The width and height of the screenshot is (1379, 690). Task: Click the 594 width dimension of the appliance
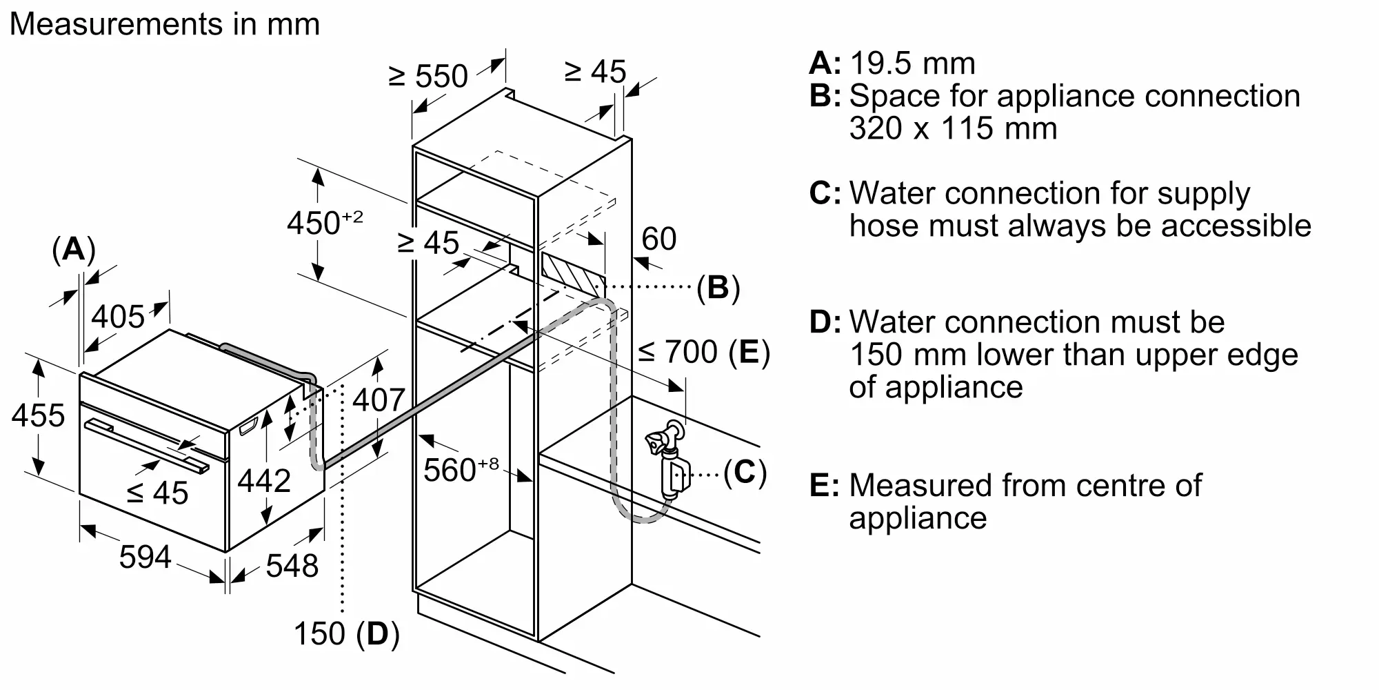point(145,557)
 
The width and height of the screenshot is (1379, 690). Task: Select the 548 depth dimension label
point(292,566)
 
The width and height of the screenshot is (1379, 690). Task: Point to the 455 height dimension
point(39,415)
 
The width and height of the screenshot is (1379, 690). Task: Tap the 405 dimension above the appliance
point(118,317)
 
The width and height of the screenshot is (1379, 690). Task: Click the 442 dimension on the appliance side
point(264,480)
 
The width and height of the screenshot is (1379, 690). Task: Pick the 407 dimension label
point(379,400)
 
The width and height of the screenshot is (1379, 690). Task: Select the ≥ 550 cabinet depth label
point(428,76)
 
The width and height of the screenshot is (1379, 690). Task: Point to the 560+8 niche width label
point(460,470)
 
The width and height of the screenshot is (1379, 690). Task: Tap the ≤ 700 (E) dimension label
point(703,352)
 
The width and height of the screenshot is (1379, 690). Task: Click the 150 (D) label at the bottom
point(346,633)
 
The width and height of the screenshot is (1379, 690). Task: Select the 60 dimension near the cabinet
point(658,239)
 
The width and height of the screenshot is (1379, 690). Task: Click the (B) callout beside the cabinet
point(718,287)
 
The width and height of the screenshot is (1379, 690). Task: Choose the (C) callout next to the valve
point(745,473)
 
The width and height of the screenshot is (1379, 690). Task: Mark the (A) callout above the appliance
point(73,249)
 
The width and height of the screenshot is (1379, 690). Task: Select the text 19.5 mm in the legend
point(912,63)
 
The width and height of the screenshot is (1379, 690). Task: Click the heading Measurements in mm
point(165,24)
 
